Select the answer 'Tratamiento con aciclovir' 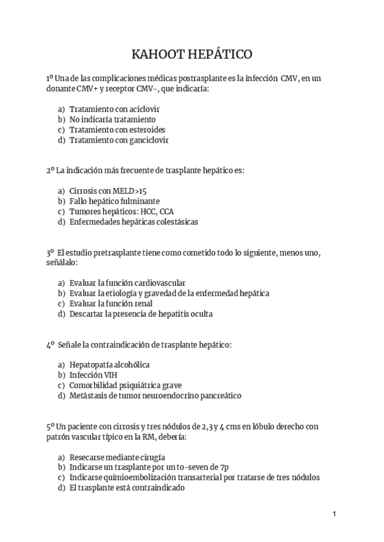tap(115, 109)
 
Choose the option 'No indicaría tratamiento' tap(112, 119)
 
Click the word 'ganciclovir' tap(147, 139)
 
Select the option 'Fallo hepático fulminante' tap(115, 201)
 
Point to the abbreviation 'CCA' tap(166, 212)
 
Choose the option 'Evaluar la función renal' tap(111, 304)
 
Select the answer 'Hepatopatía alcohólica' tap(109, 365)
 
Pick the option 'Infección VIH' tap(93, 375)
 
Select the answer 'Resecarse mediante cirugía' tap(117, 457)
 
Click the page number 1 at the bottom tap(334, 513)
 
